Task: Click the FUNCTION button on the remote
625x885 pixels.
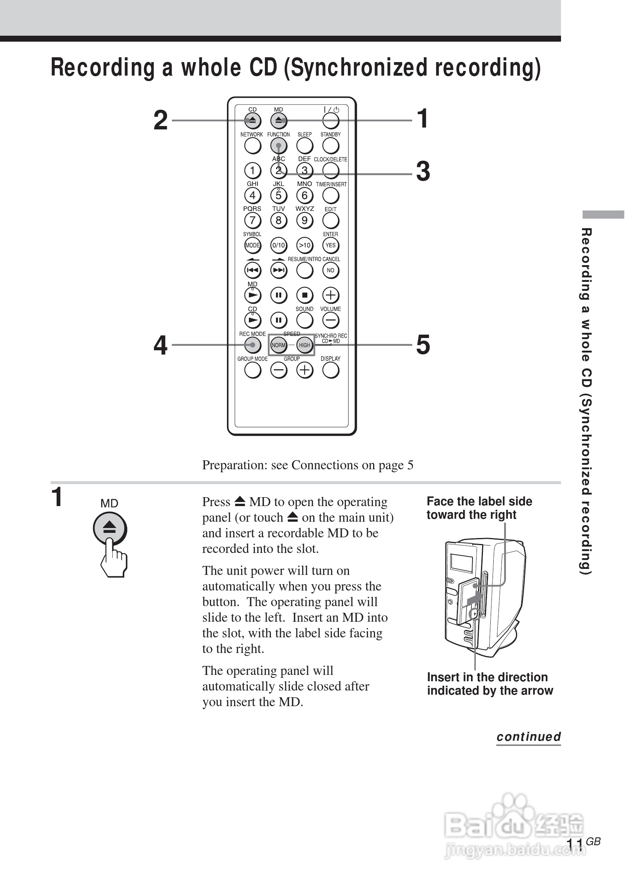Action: (278, 146)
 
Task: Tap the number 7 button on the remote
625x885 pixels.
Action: (253, 221)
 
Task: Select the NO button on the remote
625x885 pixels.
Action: (330, 270)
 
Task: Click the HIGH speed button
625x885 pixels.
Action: (305, 345)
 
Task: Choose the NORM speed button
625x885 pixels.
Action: (278, 345)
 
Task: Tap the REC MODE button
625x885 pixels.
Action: (253, 345)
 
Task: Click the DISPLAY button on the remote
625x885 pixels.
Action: (330, 370)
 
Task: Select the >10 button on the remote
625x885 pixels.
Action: (305, 245)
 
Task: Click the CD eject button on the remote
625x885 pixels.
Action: (253, 120)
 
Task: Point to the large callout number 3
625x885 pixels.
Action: (423, 171)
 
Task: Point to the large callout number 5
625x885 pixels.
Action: (423, 345)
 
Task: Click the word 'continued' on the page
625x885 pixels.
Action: (528, 737)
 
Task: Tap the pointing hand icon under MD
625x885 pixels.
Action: (113, 559)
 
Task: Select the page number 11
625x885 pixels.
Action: (574, 844)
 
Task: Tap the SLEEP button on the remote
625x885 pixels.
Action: (305, 146)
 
